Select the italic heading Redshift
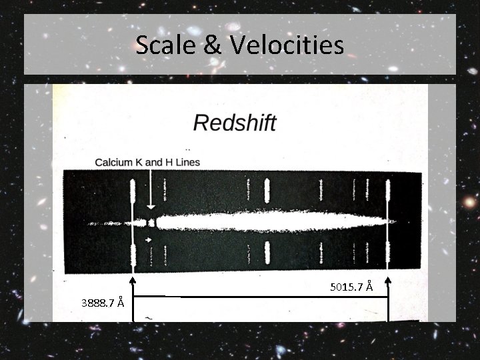(234, 123)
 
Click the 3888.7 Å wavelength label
(102, 303)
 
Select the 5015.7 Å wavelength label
(351, 287)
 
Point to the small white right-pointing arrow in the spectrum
(149, 239)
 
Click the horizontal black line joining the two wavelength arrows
(260, 297)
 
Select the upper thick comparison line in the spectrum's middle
(267, 191)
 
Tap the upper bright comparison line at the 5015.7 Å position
(388, 192)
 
